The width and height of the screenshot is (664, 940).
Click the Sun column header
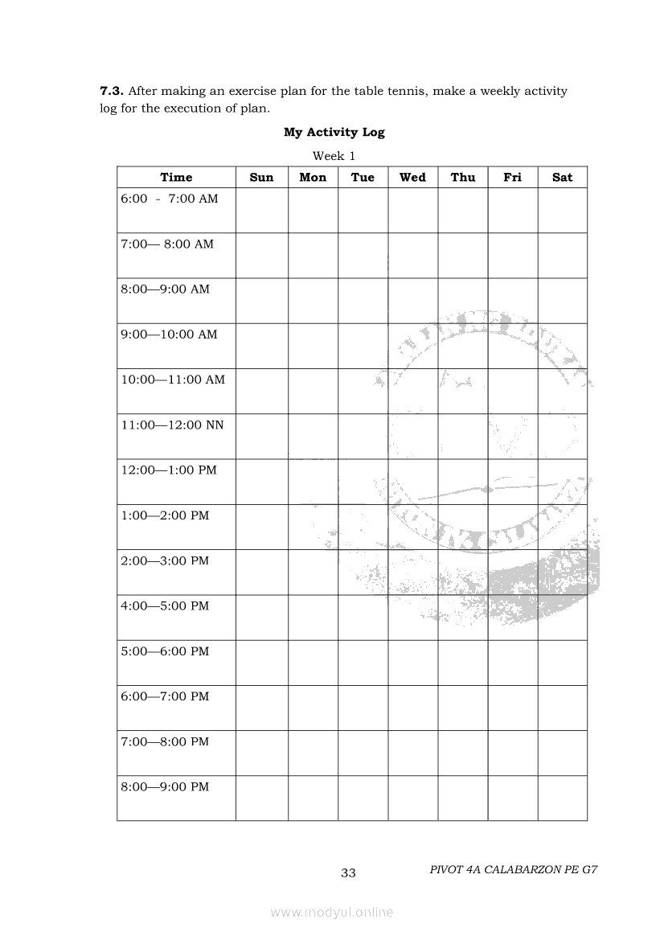pyautogui.click(x=261, y=178)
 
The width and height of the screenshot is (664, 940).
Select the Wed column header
pyautogui.click(x=412, y=178)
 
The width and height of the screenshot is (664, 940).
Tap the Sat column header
pyautogui.click(x=562, y=178)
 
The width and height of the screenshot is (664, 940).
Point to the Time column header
pyautogui.click(x=176, y=178)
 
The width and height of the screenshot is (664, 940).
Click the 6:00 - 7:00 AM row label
pyautogui.click(x=169, y=199)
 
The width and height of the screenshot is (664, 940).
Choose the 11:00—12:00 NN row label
pyautogui.click(x=172, y=425)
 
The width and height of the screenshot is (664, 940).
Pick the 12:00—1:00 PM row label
pyautogui.click(x=169, y=470)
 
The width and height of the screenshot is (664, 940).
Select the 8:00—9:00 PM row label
pyautogui.click(x=165, y=786)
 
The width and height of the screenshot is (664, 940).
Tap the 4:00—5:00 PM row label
pyautogui.click(x=165, y=605)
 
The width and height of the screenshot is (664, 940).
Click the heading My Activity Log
pyautogui.click(x=334, y=132)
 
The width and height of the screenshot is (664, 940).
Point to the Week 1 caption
pyautogui.click(x=334, y=155)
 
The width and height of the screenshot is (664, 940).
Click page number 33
pyautogui.click(x=348, y=873)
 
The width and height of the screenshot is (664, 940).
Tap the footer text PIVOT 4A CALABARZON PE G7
pyautogui.click(x=514, y=869)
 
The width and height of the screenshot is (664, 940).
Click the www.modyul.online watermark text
pyautogui.click(x=332, y=912)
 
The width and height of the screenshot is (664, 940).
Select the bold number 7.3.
pyautogui.click(x=112, y=91)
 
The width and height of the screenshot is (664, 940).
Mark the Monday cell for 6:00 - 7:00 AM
pyautogui.click(x=313, y=211)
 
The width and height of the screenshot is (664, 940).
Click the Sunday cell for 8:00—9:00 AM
pyautogui.click(x=261, y=301)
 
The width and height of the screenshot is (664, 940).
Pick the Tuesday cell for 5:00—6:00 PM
pyautogui.click(x=363, y=663)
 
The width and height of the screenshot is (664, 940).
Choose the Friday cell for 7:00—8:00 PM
pyautogui.click(x=512, y=753)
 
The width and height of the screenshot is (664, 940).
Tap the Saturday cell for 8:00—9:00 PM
pyautogui.click(x=562, y=798)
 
